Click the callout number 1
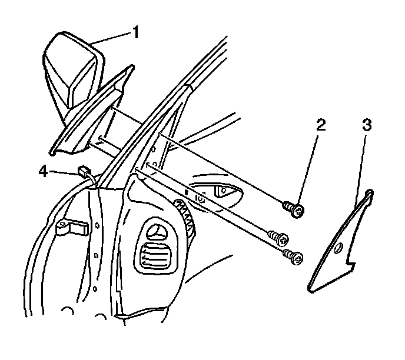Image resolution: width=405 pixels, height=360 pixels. pyautogui.click(x=137, y=32)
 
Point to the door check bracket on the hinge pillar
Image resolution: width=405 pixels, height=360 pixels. pyautogui.click(x=70, y=226)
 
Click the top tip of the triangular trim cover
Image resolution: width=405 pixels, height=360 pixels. pyautogui.click(x=369, y=192)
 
